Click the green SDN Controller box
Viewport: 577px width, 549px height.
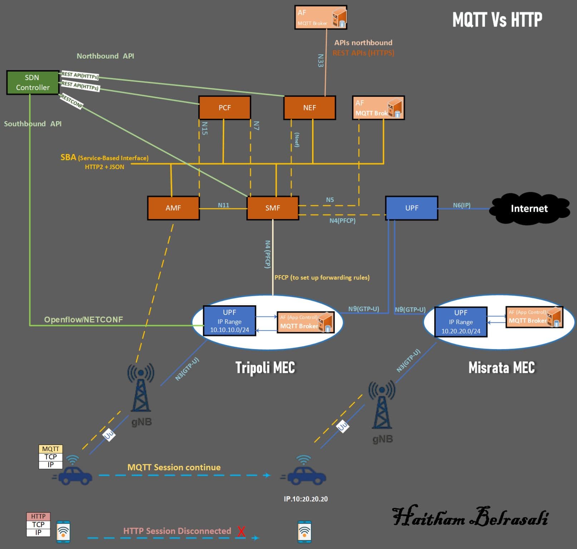click(33, 83)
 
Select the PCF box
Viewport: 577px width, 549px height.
click(225, 108)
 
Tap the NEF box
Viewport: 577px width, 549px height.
click(309, 108)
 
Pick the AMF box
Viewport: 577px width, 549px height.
click(173, 208)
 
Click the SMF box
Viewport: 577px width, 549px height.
click(272, 208)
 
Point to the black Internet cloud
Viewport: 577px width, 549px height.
click(529, 208)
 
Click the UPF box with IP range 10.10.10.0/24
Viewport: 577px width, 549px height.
click(230, 321)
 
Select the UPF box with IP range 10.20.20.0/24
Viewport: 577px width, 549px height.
click(461, 322)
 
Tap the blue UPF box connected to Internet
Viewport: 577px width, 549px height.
click(411, 208)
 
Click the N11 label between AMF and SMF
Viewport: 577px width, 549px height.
click(223, 205)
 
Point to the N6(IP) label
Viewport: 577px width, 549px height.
click(462, 205)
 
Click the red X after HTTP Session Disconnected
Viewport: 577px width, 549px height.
click(241, 531)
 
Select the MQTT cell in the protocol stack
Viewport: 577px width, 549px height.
click(50, 449)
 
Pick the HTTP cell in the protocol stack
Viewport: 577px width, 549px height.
click(38, 516)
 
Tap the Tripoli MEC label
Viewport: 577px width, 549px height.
click(265, 367)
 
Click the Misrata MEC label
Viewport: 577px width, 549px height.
click(502, 367)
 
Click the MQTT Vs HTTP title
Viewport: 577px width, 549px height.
click(497, 20)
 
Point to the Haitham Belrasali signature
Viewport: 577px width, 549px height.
click(470, 517)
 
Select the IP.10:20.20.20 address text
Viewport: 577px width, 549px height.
click(306, 499)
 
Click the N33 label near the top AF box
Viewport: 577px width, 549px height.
click(321, 60)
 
